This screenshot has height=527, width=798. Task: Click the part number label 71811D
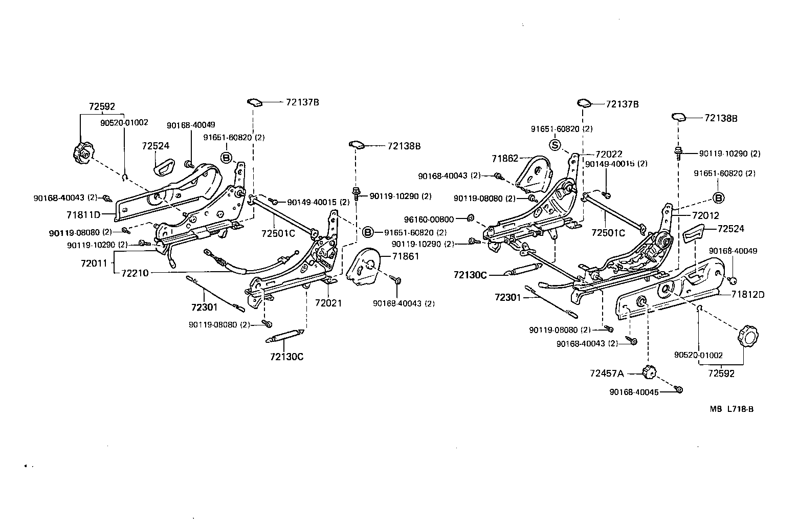(x=83, y=214)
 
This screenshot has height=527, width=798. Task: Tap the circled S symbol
(x=556, y=145)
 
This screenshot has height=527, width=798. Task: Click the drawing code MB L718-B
(x=731, y=409)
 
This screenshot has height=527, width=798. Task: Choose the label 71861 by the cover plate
(x=406, y=256)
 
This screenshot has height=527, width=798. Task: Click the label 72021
(x=328, y=303)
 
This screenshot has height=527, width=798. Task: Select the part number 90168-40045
(x=633, y=392)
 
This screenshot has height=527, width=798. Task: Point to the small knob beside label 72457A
(x=649, y=372)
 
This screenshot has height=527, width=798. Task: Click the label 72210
(x=135, y=273)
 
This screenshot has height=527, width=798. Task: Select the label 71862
(x=505, y=159)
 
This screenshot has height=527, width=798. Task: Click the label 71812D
(x=748, y=294)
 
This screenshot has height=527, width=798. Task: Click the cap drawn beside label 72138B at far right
(x=680, y=117)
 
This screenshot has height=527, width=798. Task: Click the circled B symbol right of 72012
(x=718, y=197)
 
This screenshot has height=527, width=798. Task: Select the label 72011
(x=94, y=263)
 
